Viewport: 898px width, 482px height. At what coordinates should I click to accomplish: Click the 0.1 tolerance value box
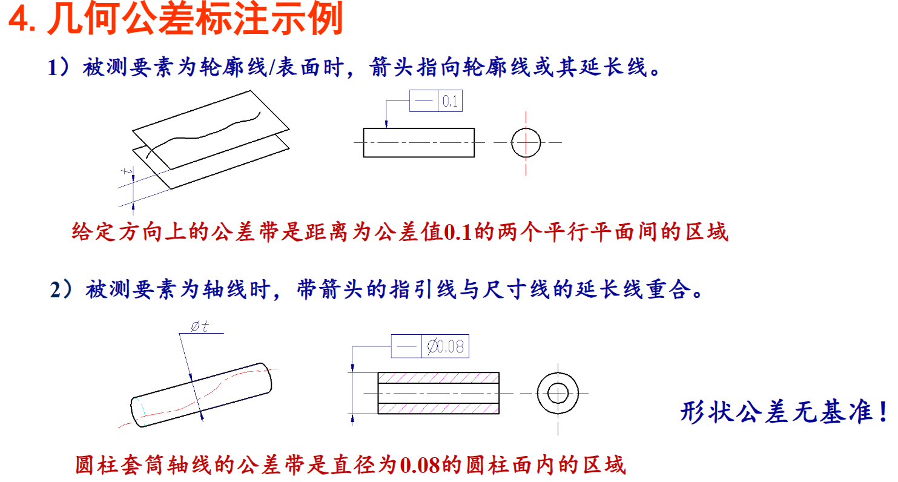tap(450, 101)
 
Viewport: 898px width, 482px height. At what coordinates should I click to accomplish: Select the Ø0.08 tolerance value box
tap(446, 346)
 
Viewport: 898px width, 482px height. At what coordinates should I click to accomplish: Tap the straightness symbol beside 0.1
tap(424, 101)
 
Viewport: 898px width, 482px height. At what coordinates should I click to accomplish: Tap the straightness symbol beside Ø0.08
tap(406, 346)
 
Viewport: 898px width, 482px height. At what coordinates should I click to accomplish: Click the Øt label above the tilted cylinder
tap(200, 326)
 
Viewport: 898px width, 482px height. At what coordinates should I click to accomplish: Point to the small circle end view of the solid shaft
tap(512, 142)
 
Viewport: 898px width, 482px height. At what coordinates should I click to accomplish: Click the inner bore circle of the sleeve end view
tap(547, 394)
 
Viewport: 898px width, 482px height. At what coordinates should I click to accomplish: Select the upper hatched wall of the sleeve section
tap(438, 378)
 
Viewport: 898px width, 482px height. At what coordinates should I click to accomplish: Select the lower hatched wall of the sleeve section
tap(438, 408)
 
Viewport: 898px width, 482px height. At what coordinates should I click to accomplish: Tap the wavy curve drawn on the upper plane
tap(203, 135)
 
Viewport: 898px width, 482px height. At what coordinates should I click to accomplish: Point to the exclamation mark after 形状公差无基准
tap(883, 411)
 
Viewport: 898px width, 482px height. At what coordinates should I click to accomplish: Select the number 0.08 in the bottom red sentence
tap(420, 465)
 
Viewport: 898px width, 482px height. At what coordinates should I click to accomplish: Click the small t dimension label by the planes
tap(127, 171)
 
